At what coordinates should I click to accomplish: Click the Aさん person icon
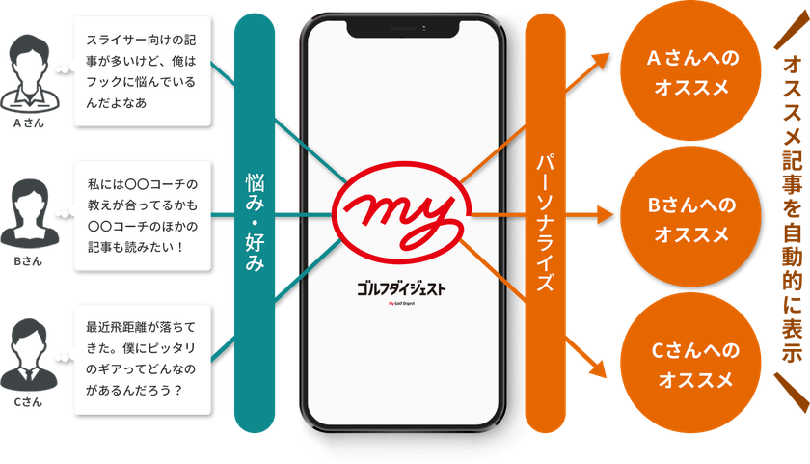[x=30, y=74]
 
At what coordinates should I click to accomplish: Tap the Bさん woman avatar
[x=30, y=213]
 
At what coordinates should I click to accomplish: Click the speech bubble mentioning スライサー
[x=143, y=71]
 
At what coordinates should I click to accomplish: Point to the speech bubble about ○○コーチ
[x=143, y=215]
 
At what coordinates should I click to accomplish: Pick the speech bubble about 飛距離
[x=143, y=360]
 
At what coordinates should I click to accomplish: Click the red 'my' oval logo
[x=401, y=213]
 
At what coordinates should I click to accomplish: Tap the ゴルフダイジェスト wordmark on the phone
[x=401, y=288]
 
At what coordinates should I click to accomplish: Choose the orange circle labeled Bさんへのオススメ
[x=690, y=216]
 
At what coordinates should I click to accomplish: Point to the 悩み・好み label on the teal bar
[x=255, y=223]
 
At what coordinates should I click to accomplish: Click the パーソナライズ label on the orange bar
[x=546, y=223]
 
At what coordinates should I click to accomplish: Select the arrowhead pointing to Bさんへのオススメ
[x=605, y=214]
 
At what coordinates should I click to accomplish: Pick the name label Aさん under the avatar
[x=28, y=123]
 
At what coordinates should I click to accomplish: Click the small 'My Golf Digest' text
[x=401, y=303]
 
